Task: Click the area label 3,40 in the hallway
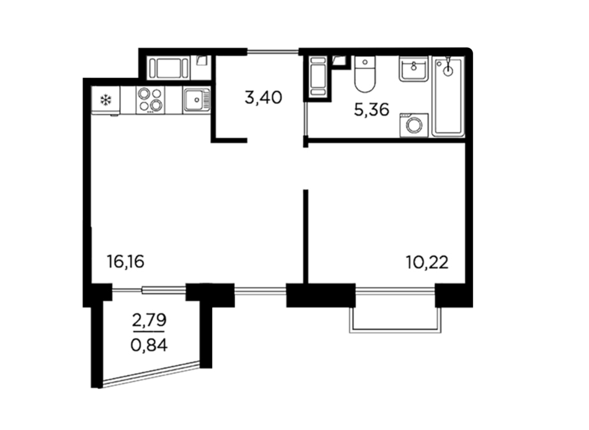tap(263, 98)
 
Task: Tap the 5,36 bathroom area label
tap(372, 111)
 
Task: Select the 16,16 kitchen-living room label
tap(126, 262)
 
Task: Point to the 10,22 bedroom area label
tap(427, 262)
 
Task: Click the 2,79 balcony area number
tap(149, 320)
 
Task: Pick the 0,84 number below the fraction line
tap(149, 345)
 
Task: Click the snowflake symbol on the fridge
tap(106, 100)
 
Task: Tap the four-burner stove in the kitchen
tap(151, 100)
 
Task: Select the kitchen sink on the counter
tap(197, 100)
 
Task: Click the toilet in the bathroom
tap(365, 75)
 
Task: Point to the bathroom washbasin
tap(414, 68)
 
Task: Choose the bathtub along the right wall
tap(448, 96)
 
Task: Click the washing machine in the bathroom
tap(414, 125)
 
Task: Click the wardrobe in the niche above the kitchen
tap(168, 68)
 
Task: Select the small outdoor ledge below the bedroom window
tap(395, 320)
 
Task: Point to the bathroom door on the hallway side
tap(306, 120)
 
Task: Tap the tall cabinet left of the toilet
tap(318, 76)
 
